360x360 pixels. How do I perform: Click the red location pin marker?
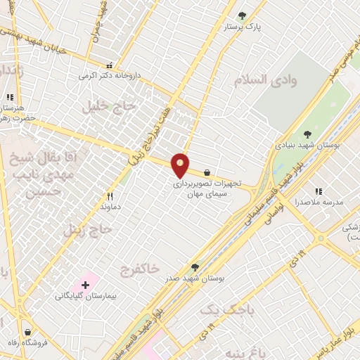tap(181, 165)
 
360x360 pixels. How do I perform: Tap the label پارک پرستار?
tap(243, 27)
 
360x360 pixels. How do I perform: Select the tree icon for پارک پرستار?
tap(243, 15)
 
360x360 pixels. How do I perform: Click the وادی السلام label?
tap(274, 79)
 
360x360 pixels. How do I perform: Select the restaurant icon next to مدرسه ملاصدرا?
tap(319, 191)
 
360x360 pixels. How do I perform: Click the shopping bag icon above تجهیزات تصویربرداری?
tap(207, 172)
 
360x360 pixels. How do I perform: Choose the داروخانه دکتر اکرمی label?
tap(108, 75)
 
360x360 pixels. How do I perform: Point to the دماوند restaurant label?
tap(110, 208)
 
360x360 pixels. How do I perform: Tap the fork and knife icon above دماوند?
tap(110, 197)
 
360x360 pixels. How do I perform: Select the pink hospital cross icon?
tap(86, 285)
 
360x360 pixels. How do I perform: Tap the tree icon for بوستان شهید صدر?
tap(195, 267)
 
